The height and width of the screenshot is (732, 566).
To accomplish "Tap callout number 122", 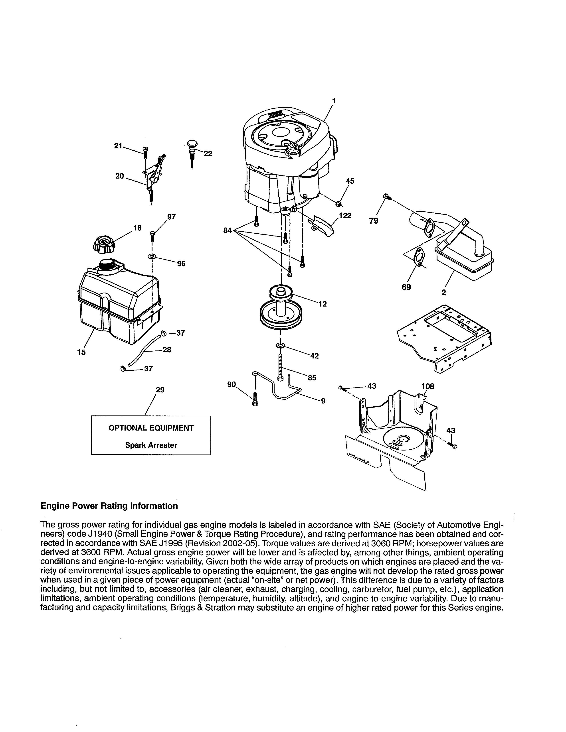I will [x=345, y=216].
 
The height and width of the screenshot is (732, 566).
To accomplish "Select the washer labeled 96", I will [x=152, y=256].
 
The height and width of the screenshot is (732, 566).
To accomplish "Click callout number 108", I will [x=427, y=386].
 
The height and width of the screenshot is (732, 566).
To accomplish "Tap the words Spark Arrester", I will [x=151, y=445].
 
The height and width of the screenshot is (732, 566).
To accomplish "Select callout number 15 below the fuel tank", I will [x=81, y=352].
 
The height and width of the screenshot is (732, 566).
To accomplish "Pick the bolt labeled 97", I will [x=152, y=235].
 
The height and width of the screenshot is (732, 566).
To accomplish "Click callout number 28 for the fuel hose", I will [x=167, y=350].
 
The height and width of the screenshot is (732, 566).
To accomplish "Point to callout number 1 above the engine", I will [x=334, y=100].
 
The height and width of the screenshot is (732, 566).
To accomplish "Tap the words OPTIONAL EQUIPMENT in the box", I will [x=151, y=428].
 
